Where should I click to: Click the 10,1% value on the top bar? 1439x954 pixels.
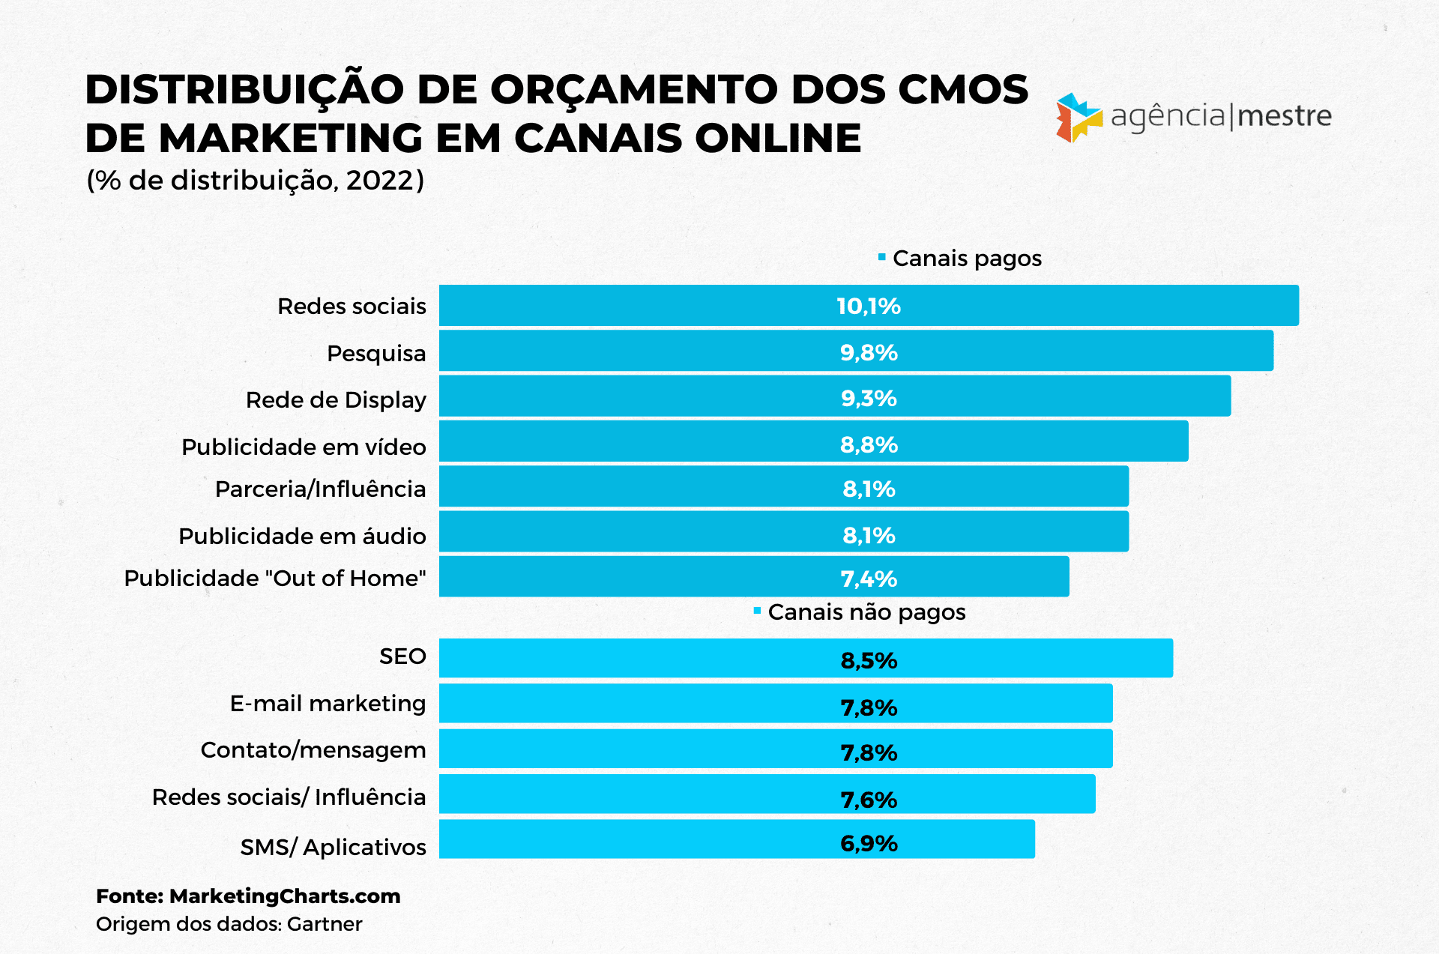tap(868, 306)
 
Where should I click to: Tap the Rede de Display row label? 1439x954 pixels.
tap(336, 400)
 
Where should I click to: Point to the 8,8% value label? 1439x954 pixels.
tap(869, 444)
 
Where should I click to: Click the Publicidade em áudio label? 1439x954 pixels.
tap(302, 536)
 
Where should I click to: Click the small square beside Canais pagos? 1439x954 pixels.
tap(882, 257)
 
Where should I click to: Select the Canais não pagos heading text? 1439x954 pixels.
tap(866, 612)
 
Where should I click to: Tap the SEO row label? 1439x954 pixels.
tap(402, 656)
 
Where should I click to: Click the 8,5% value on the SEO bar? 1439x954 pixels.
tap(869, 660)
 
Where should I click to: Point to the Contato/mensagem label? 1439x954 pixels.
tap(313, 749)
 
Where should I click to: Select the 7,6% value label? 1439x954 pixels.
tap(869, 800)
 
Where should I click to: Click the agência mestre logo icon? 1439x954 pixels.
tap(1079, 118)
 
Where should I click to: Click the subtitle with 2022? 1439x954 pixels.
tap(256, 181)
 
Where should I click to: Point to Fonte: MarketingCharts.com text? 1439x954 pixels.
tap(248, 896)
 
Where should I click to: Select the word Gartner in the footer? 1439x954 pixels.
tap(325, 924)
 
